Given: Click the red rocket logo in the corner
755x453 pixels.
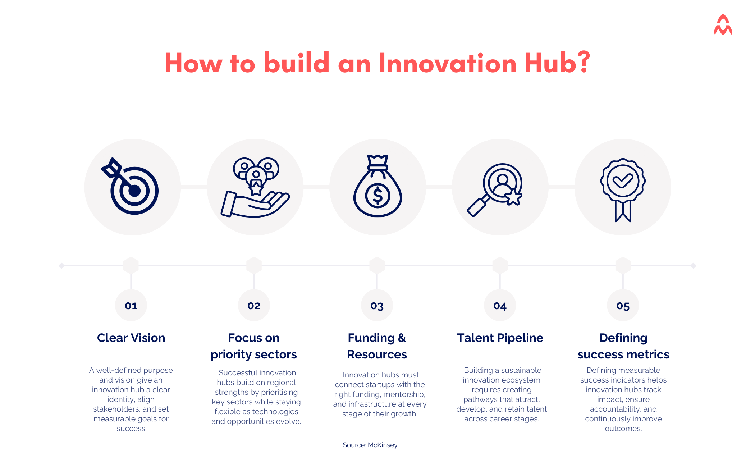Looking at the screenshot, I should pos(723,25).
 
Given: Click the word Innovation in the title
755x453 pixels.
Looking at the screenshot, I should pos(448,63).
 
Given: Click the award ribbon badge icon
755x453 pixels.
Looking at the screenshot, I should pos(623,188).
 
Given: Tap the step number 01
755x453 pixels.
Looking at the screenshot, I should pos(131,306).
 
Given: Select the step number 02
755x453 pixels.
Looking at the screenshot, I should pos(254,306).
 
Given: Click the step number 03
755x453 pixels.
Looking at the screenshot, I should pos(377,306).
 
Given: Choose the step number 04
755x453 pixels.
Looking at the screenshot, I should pos(500,306).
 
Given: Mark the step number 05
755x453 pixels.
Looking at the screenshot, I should pos(623,306).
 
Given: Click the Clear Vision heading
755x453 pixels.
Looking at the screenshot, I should pos(131,338).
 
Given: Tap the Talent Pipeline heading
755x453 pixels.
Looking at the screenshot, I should pos(500,338).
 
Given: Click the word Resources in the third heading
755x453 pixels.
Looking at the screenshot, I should pos(377,354).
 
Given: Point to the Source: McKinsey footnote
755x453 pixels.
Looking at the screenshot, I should pos(370,445).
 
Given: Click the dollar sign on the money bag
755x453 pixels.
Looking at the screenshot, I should pos(378,195).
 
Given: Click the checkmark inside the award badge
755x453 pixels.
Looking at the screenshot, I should pos(623,180).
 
